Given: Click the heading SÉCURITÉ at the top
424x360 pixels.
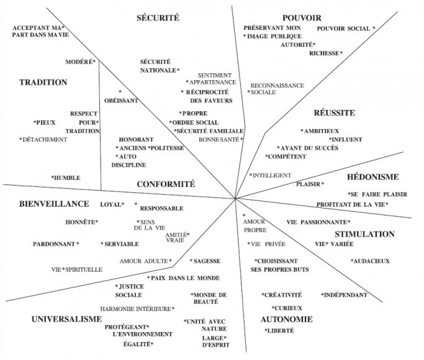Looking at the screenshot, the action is pos(158,17).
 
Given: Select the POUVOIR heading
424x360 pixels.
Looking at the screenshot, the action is pos(302,18).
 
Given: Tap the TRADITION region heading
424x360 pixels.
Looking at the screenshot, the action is pos(43,82).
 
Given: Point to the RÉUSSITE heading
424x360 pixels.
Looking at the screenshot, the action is pos(334,112).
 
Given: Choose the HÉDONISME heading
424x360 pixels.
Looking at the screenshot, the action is pos(373,177).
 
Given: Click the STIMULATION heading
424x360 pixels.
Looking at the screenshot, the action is pos(364,234).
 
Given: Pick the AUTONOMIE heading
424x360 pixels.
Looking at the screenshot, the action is pos(287,319).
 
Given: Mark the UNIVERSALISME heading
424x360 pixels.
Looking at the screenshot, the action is pos(66,319).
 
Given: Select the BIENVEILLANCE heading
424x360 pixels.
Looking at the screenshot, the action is pos(54,204).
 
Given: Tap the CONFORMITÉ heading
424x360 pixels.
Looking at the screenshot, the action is pos(166,184).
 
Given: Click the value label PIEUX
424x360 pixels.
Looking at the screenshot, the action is pos(46,122).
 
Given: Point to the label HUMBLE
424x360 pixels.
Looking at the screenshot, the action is pos(67,178).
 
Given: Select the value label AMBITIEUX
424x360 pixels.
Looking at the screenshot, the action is pos(321,131).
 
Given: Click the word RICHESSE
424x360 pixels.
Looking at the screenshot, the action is pos(324,53).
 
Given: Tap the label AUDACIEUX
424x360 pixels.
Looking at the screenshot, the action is pos(371,261).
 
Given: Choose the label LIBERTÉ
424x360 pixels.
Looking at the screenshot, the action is pos(281,330).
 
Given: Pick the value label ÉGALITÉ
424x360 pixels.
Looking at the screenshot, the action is pos(137,344).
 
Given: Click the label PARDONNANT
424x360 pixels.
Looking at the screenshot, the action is pos(54,244).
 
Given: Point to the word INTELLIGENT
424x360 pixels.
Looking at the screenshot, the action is pos(272,175).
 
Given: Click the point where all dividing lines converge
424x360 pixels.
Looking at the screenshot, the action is pos(235,199).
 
